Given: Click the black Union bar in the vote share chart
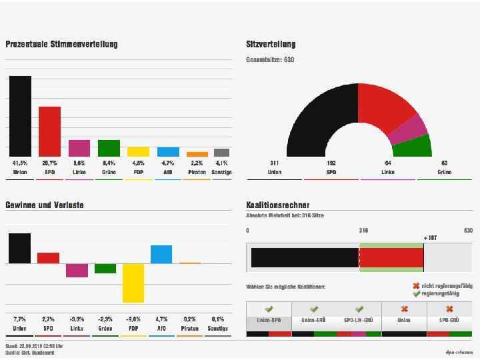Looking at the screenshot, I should [x=20, y=116].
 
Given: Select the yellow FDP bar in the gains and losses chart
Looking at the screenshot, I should [x=133, y=283].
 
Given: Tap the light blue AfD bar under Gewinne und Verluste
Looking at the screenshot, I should [x=161, y=254].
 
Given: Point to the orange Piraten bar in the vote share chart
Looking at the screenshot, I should [x=197, y=154].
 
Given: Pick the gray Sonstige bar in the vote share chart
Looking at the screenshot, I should [x=221, y=153].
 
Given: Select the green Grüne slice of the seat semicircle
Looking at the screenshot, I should [x=417, y=147].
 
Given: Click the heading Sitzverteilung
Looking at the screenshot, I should [x=271, y=45].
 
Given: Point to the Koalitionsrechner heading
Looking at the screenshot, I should [x=277, y=205].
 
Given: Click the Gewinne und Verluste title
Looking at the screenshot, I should [x=45, y=205].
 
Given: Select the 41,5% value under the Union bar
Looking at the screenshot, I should [x=20, y=163].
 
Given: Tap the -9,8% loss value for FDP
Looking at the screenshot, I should [x=133, y=319].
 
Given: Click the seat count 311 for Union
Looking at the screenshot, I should [x=275, y=163].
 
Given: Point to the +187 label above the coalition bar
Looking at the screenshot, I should [x=431, y=238].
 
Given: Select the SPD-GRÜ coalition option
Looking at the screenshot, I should [x=449, y=320].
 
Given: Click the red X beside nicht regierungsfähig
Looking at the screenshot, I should [x=417, y=286].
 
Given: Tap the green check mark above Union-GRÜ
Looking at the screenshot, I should [x=314, y=309].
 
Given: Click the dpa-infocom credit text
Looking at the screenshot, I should [x=459, y=351].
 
